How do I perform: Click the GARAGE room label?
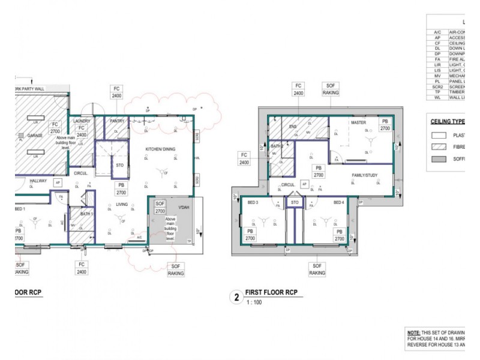pos(34,136)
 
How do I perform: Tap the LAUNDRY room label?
pos(82,121)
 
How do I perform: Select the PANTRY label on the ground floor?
pos(117,121)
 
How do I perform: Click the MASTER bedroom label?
pos(358,123)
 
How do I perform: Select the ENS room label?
pos(293,127)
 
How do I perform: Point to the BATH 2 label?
pos(277,146)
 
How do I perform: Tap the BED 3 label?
pos(253,202)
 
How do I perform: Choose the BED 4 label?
pos(338,202)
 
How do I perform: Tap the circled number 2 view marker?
pos(237,296)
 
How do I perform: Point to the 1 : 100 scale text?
pos(255,302)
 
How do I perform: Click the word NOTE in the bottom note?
pos(413,332)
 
